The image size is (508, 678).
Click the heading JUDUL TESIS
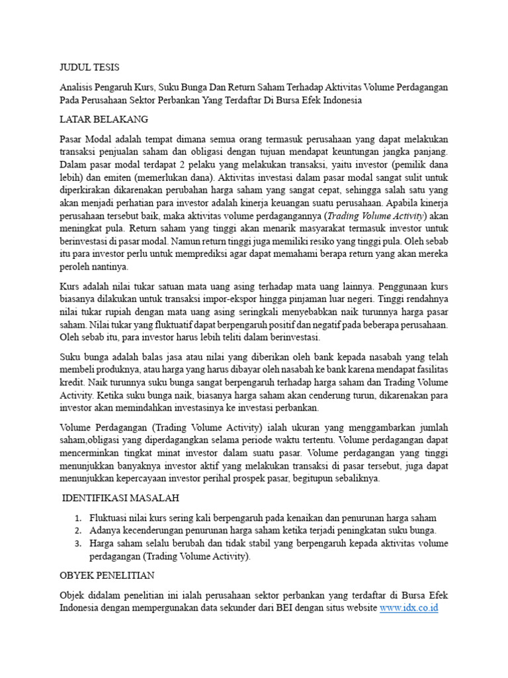[90, 67]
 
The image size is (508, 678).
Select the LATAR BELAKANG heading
[104, 119]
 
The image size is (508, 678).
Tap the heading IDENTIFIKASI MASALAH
[121, 498]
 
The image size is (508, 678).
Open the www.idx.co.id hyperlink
[409, 607]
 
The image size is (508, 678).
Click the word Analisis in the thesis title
[77, 87]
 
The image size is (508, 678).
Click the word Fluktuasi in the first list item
[112, 518]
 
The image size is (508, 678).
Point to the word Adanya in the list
[107, 530]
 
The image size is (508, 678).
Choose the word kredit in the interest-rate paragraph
[72, 383]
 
